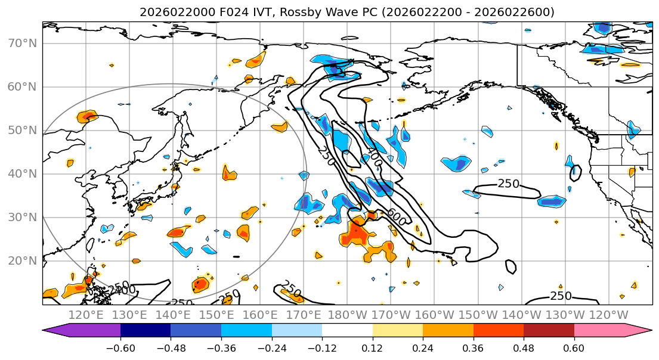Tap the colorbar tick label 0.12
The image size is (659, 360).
(x=372, y=347)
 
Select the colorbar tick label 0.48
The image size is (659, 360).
(x=524, y=347)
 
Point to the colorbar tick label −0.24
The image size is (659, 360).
(x=271, y=347)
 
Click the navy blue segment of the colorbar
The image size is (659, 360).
(x=146, y=331)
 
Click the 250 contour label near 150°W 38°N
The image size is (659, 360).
(x=508, y=184)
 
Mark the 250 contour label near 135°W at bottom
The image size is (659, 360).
(x=561, y=296)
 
